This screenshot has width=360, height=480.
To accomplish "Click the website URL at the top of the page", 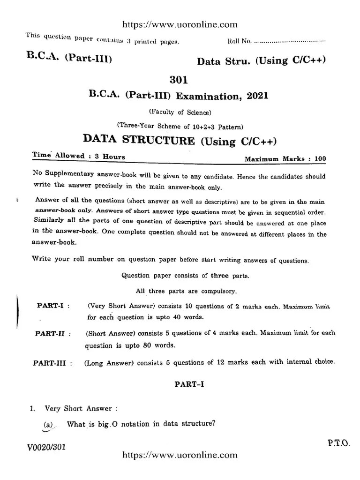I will coord(180,25).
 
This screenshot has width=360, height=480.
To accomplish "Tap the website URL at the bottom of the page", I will coord(180,455).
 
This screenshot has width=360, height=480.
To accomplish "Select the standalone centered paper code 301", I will coord(179,81).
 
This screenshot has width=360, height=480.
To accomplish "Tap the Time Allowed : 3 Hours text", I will coord(78,156).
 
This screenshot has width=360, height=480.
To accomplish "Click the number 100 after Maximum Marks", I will coord(320,159).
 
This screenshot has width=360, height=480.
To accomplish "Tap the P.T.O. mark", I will coord(337,442).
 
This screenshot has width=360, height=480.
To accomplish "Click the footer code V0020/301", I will coord(45,447).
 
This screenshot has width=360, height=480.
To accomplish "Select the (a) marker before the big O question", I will coord(48,425).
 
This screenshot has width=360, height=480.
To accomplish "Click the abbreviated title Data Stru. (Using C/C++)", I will coord(261,61).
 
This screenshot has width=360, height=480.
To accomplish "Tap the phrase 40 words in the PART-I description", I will coord(188,316).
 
